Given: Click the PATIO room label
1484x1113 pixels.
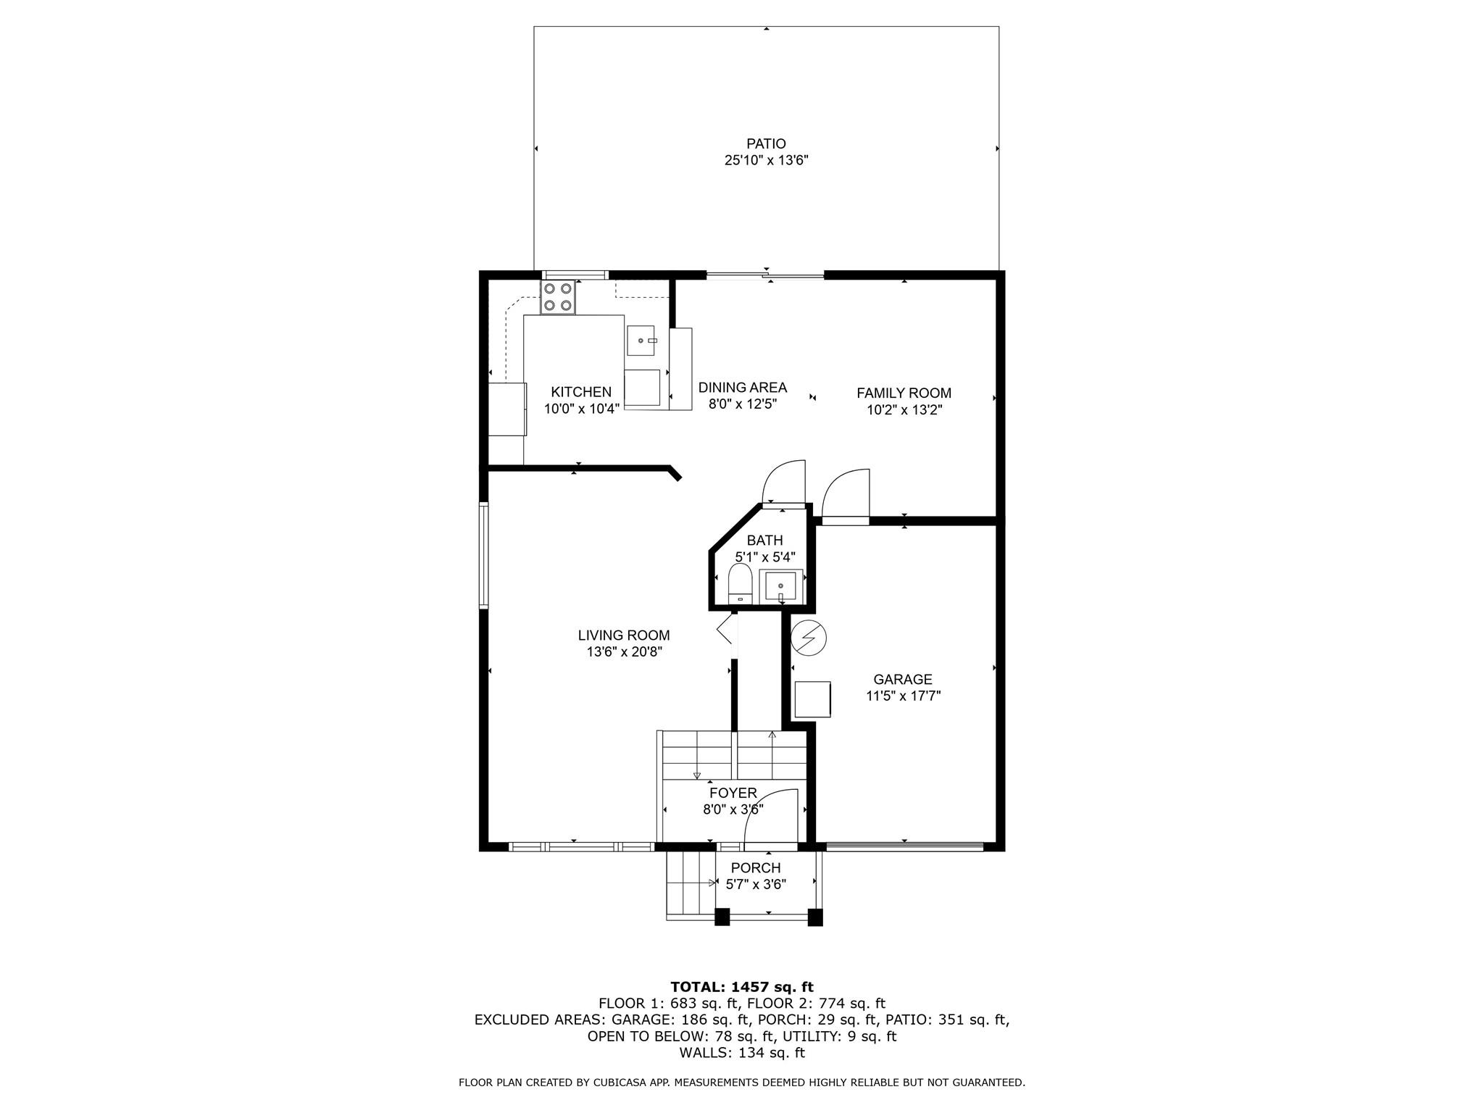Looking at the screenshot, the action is tap(766, 143).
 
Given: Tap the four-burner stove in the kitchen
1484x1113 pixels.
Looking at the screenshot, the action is tap(558, 297).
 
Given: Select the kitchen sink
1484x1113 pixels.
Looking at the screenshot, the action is tap(643, 341).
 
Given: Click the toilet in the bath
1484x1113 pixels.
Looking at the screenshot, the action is tap(740, 583).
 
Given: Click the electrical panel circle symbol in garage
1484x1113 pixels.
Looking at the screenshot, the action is tap(809, 638).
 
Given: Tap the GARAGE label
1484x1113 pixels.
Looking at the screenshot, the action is tap(903, 680).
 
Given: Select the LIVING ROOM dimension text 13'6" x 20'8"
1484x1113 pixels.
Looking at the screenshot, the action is tap(625, 652).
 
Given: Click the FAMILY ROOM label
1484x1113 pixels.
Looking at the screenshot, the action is tap(904, 393).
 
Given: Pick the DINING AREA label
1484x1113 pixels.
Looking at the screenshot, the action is tap(743, 388).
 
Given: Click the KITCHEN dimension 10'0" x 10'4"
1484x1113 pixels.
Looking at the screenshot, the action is tap(582, 409).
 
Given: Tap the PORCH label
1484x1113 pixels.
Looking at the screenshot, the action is tap(756, 868).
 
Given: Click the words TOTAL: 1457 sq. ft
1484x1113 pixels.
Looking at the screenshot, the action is tap(742, 987).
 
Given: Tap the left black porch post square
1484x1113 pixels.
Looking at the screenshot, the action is tap(722, 917).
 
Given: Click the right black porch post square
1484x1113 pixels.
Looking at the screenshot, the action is tap(815, 917).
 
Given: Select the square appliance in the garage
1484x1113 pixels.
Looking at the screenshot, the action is tap(813, 699).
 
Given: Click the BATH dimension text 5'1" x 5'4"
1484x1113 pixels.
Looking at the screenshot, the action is tap(765, 557).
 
